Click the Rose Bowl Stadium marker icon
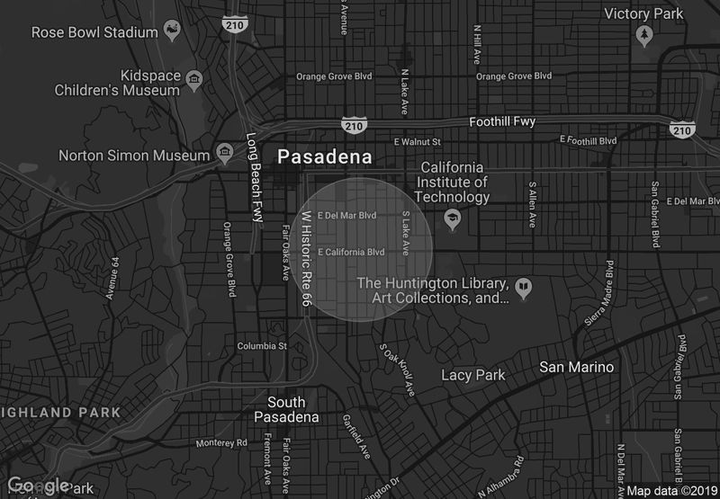coord(169,32)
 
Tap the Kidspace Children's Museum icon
coord(193,83)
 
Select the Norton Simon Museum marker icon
coord(224,156)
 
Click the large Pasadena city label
coord(324,156)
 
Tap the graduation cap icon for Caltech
coord(451,218)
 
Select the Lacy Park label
coord(473,375)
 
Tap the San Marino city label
coord(576,367)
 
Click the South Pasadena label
coord(286,410)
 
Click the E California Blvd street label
coord(351,252)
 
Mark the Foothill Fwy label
coord(502,121)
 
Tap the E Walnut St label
coord(417,142)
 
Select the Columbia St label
coord(261,346)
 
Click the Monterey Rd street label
coord(221,443)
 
